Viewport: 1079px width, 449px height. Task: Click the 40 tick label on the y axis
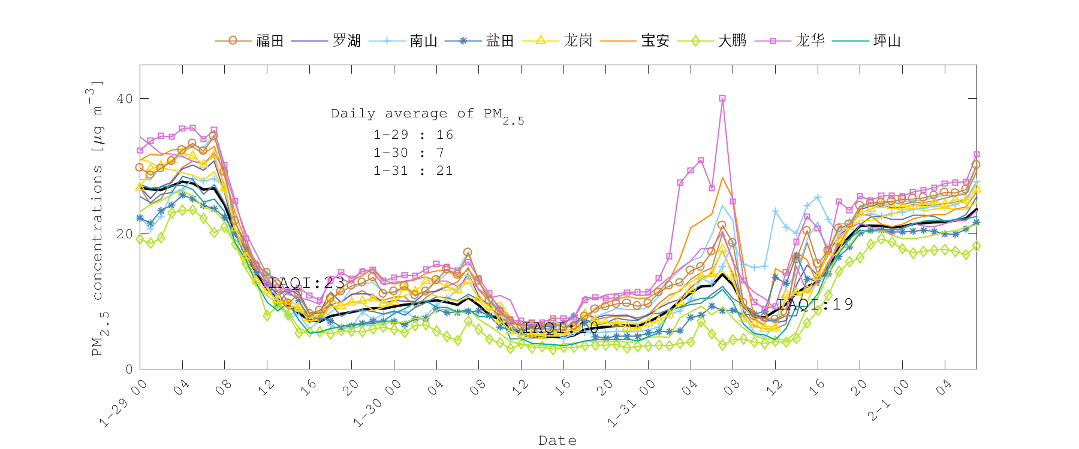tap(125, 99)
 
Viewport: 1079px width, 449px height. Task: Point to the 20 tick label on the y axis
tap(125, 234)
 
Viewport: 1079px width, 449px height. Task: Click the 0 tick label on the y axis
tap(129, 369)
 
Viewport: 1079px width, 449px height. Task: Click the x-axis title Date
tap(557, 441)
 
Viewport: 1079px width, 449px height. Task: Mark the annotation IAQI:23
tap(307, 283)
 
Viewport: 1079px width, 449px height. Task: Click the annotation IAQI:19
tap(815, 304)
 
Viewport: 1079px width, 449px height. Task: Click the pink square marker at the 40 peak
tap(722, 98)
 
